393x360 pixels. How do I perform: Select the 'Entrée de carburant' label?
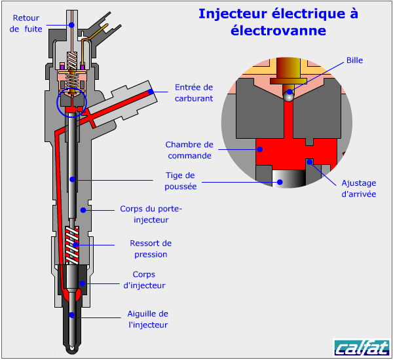[194, 92]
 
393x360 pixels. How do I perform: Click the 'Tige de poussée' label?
[181, 181]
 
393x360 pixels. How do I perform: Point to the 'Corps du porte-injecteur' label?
[151, 215]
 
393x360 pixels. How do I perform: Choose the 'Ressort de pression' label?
[151, 249]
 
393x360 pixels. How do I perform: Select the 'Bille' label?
[354, 60]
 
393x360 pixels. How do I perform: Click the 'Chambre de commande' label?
[189, 150]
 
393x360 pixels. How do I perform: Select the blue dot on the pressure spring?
[76, 245]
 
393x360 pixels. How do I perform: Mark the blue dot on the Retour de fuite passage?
[71, 24]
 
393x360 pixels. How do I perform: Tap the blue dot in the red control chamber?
[260, 149]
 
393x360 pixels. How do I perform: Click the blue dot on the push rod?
[73, 177]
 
